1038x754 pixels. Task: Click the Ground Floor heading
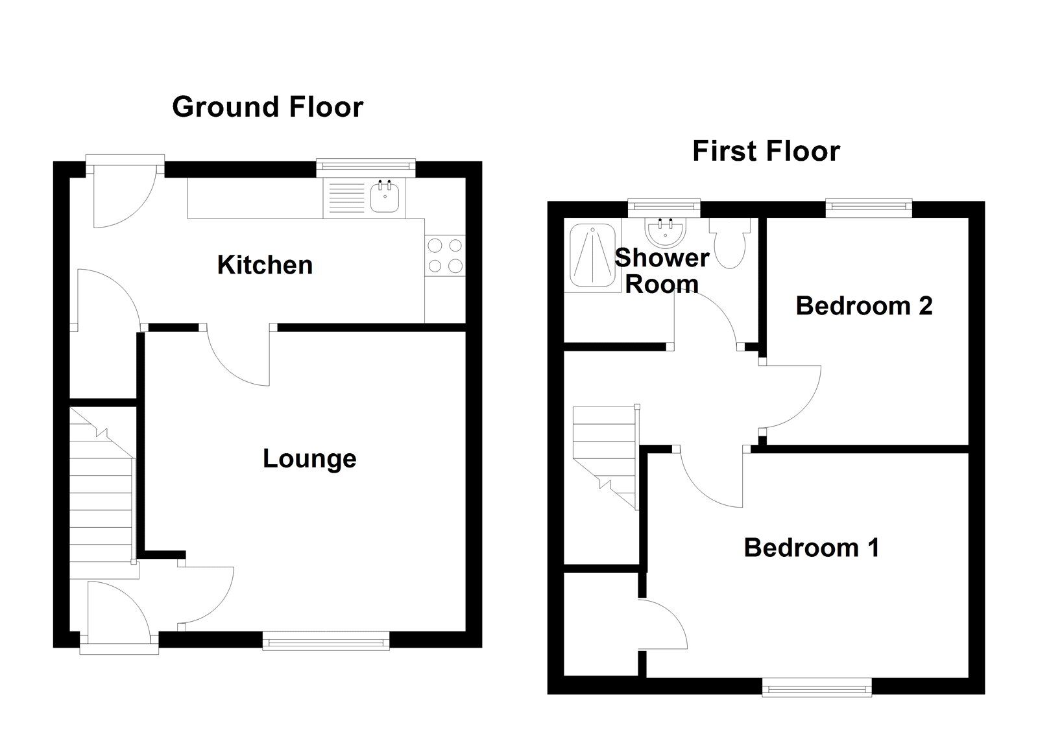point(267,107)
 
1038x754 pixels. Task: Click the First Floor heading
point(766,151)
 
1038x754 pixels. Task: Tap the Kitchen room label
point(265,265)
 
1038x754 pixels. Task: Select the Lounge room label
point(309,458)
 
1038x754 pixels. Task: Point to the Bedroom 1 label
point(811,548)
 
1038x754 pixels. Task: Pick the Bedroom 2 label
point(863,305)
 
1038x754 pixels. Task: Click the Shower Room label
point(661,271)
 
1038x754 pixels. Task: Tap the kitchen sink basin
point(387,198)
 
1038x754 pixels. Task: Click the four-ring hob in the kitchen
point(445,255)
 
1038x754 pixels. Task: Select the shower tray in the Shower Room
point(590,254)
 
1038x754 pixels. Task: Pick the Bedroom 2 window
point(868,207)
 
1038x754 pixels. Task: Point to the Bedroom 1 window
point(816,687)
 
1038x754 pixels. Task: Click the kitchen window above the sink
point(366,167)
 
